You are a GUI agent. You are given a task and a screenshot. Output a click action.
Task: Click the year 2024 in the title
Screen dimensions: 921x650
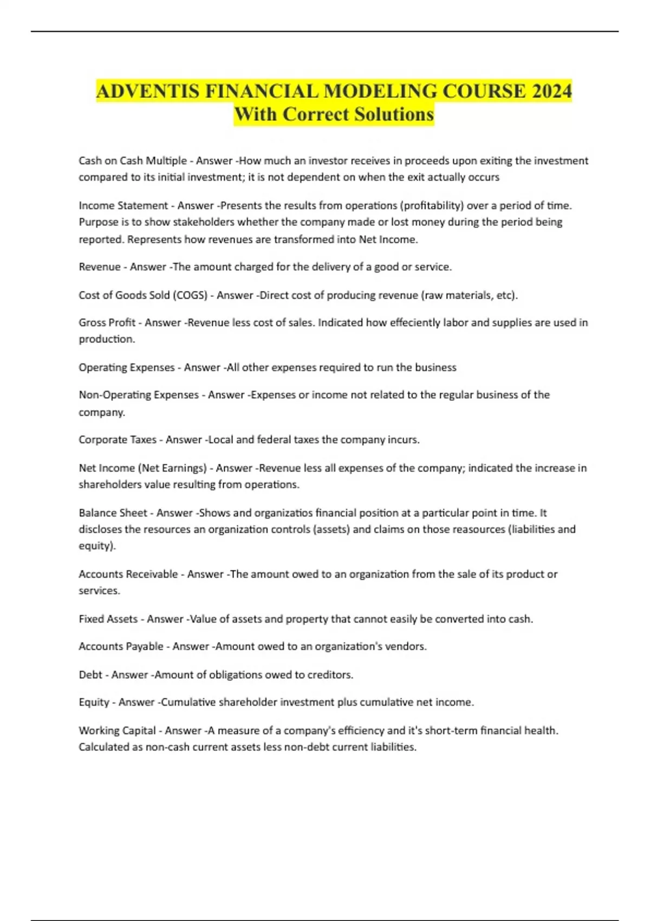click(x=551, y=91)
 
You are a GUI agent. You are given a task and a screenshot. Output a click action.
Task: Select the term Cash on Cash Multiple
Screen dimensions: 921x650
click(x=133, y=161)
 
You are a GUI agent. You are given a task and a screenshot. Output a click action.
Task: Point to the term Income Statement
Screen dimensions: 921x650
click(x=123, y=206)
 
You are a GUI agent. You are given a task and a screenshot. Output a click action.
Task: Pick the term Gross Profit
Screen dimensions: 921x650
click(x=107, y=323)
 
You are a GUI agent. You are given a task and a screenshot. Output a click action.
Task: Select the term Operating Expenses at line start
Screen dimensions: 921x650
click(x=127, y=367)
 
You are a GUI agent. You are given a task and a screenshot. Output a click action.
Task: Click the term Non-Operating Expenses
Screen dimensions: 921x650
click(x=139, y=395)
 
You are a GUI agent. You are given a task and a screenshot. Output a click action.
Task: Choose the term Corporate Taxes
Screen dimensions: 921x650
click(x=118, y=440)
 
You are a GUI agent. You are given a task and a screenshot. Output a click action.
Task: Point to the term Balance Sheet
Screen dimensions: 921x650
click(x=113, y=513)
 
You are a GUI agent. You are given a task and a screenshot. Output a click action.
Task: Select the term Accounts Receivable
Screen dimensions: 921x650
click(x=128, y=574)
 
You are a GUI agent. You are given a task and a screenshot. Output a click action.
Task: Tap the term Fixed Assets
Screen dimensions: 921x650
click(x=108, y=619)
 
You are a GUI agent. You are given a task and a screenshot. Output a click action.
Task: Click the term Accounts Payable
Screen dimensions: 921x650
click(x=121, y=646)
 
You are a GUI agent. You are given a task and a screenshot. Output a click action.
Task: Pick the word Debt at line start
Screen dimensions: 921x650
click(x=90, y=675)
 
